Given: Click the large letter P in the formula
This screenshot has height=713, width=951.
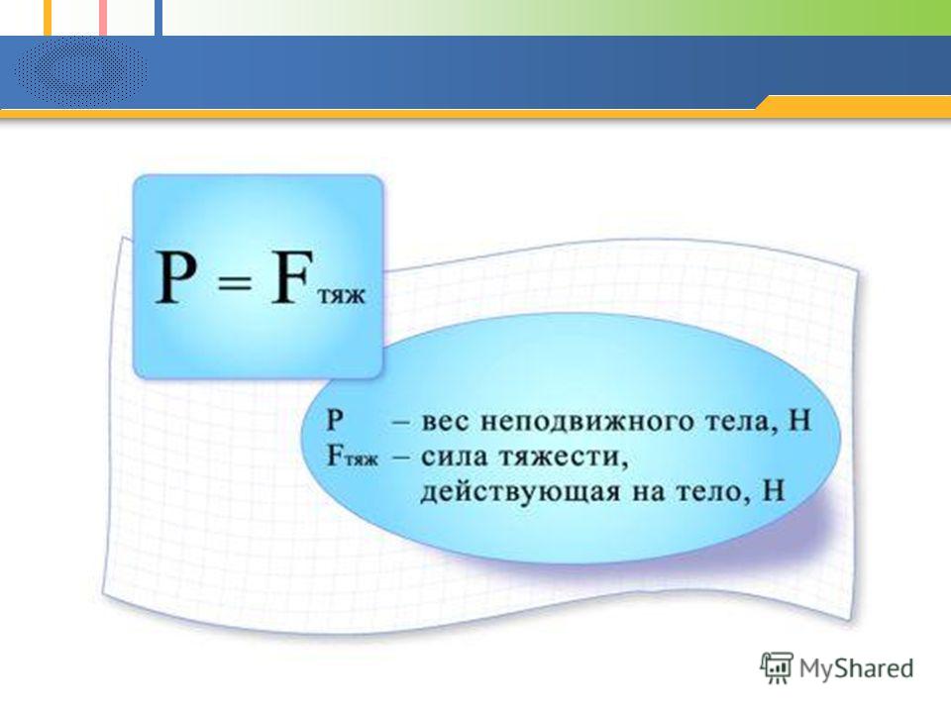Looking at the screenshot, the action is tap(176, 276).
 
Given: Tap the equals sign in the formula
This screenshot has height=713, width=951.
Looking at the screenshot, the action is tap(234, 283).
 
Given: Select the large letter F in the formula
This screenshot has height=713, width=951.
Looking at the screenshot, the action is tap(291, 276).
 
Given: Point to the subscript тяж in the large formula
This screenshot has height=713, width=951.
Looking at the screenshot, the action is tap(342, 296).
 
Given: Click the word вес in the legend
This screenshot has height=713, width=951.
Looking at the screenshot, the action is tap(445, 422).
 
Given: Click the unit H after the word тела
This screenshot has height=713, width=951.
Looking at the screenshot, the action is tap(798, 420).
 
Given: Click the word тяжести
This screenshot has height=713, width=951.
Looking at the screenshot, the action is tap(563, 458).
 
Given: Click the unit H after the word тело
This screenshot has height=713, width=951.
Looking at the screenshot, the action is tap(772, 490).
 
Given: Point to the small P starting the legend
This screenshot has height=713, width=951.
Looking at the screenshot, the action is tap(335, 420).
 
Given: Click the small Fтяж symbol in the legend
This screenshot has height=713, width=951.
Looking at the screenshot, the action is tap(352, 457).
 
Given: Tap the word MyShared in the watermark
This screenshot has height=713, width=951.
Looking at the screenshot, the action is tap(856, 668).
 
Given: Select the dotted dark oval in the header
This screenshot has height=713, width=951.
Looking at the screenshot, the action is tap(80, 71).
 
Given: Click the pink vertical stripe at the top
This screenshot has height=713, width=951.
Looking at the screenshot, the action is tap(103, 18).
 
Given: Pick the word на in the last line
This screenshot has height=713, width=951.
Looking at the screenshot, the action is tap(644, 492).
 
